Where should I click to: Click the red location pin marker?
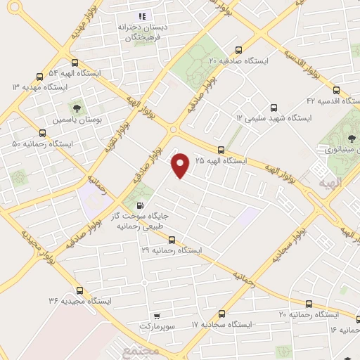(x=181, y=165)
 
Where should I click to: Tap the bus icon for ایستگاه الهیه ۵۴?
(x=38, y=77)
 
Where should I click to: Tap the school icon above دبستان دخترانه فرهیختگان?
(x=141, y=16)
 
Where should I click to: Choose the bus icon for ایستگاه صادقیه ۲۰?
(x=239, y=51)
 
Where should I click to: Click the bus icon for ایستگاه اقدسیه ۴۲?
(x=336, y=91)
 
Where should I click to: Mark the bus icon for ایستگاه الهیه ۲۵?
(x=221, y=150)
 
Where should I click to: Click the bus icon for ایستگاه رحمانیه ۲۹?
(x=171, y=240)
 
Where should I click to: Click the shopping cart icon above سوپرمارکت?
(x=156, y=316)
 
